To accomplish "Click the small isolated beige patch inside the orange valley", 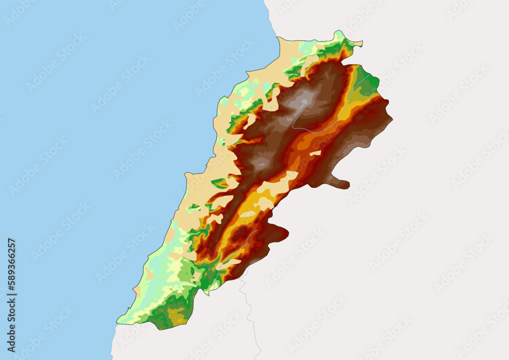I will pyautogui.click(x=316, y=152).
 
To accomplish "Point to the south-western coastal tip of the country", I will pyautogui.click(x=118, y=321).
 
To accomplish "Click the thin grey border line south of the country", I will pyautogui.click(x=249, y=311).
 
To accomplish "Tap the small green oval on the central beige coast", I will pyautogui.click(x=219, y=183).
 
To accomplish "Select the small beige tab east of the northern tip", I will pyautogui.click(x=357, y=44).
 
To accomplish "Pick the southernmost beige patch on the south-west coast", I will pyautogui.click(x=137, y=291).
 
